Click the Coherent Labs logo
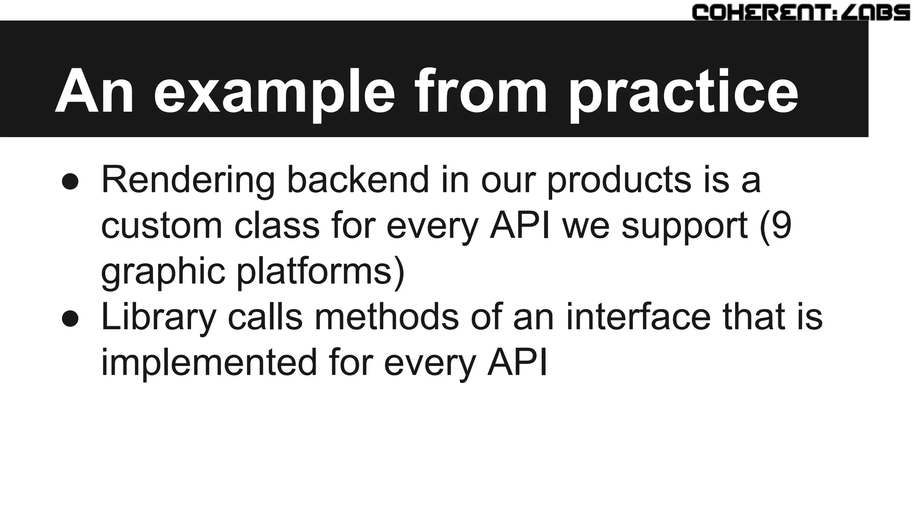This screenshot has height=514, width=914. [801, 12]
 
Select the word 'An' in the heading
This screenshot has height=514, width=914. [94, 91]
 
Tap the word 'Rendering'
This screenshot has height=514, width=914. [188, 180]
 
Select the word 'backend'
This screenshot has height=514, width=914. [357, 179]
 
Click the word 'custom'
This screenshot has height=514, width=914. [161, 226]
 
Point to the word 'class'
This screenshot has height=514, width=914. [277, 226]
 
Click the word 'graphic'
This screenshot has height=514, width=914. [163, 272]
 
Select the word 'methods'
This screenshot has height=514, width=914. [386, 317]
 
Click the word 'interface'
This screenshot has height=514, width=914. [638, 317]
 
